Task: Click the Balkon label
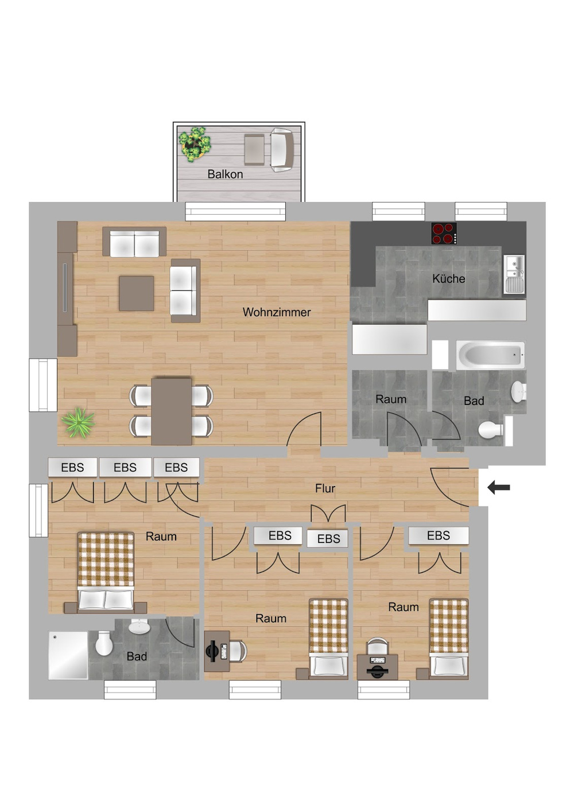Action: pos(225,174)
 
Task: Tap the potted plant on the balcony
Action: pos(195,144)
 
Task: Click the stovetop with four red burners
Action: pos(444,233)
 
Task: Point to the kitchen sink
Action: pos(514,274)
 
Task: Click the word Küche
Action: pos(448,279)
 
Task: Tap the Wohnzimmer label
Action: pos(277,313)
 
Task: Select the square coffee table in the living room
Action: pos(137,293)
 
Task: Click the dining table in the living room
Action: pos(172,411)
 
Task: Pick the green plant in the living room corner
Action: pos(78,423)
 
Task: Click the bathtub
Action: pos(490,355)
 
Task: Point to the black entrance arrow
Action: pos(499,488)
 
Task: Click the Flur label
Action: pos(325,489)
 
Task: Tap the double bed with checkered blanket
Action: pos(106,572)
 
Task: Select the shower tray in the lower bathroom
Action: pos(68,656)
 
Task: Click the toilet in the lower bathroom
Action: pos(104,643)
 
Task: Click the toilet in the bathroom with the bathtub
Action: pos(491,430)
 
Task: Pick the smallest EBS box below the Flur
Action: pos(327,539)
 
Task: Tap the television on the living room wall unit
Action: pos(65,288)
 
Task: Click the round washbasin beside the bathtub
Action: pos(518,391)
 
